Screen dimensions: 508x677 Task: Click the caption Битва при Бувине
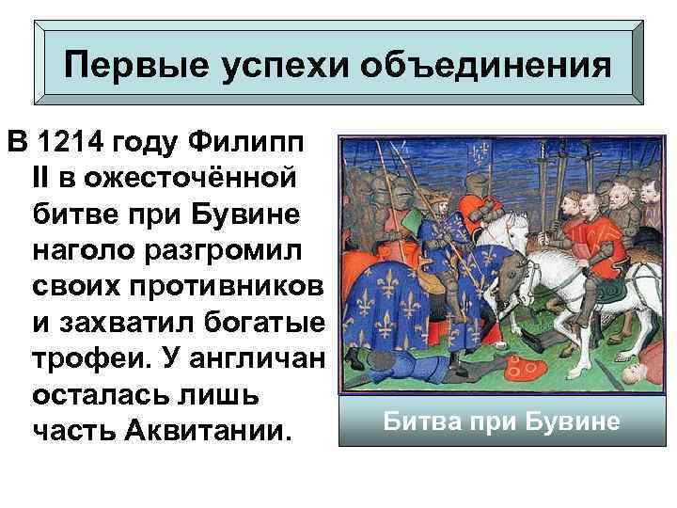point(501,420)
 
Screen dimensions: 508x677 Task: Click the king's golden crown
point(438,193)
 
